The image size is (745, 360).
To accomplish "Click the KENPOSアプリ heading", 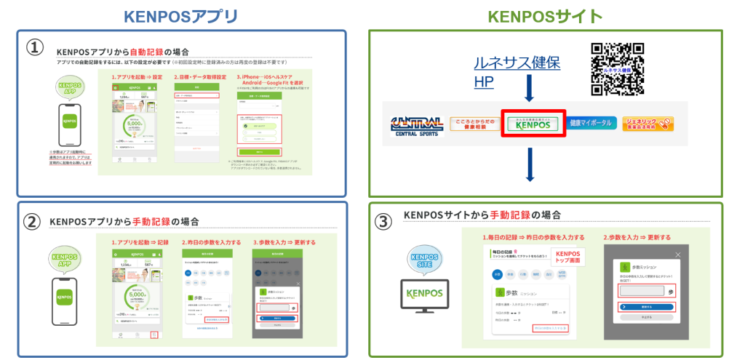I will [180, 15].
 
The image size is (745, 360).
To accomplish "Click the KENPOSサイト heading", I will [545, 15].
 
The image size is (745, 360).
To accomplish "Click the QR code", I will [618, 69].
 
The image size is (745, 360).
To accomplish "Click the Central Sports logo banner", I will [418, 125].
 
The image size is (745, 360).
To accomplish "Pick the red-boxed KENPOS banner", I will [535, 124].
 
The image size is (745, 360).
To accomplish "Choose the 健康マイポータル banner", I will [592, 124].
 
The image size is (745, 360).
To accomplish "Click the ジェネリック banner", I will [647, 124].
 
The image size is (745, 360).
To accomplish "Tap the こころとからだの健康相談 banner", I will [474, 124].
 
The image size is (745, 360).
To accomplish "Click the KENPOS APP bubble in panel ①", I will [70, 89].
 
